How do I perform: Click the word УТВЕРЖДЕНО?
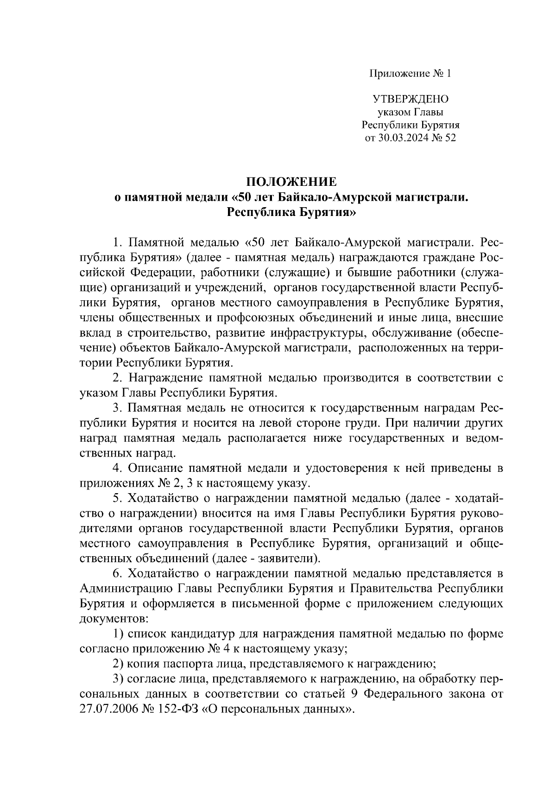click(x=410, y=99)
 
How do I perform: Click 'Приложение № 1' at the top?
click(x=410, y=73)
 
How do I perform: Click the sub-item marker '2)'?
click(x=119, y=665)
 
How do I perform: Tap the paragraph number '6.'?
click(x=117, y=574)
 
